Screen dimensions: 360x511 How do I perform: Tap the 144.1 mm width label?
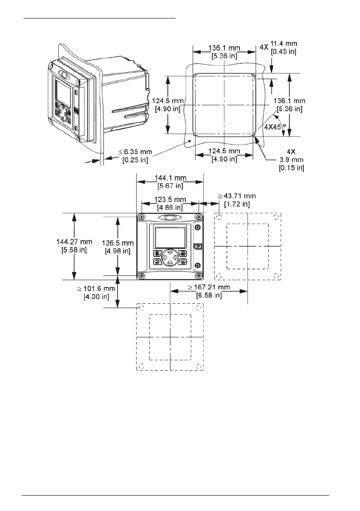click(169, 181)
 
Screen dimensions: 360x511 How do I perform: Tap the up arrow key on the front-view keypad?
click(170, 252)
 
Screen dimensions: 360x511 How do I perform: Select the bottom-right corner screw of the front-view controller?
click(198, 275)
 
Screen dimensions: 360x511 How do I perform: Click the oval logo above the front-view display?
click(170, 218)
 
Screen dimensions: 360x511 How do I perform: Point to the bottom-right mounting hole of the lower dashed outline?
click(198, 366)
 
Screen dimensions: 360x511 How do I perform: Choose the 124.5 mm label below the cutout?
click(224, 155)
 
